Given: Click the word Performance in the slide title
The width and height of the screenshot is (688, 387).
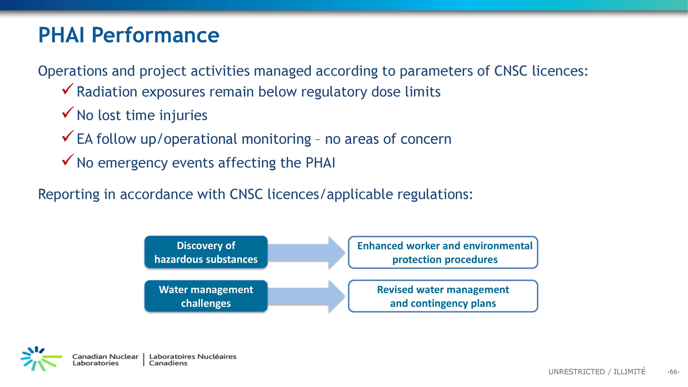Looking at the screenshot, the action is click(155, 35).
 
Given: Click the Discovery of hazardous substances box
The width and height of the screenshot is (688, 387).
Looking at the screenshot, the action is click(206, 252).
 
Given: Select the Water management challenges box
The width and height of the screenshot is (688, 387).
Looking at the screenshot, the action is click(206, 296).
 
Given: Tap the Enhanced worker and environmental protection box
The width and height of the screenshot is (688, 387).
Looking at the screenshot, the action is click(443, 252).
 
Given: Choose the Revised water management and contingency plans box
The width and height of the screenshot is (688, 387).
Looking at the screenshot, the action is click(443, 296).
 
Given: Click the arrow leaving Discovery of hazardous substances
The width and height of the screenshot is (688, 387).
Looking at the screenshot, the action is click(306, 252).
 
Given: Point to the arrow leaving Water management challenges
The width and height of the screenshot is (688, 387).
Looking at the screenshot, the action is click(306, 296).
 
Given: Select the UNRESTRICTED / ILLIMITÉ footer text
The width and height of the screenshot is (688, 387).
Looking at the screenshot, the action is click(597, 372).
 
